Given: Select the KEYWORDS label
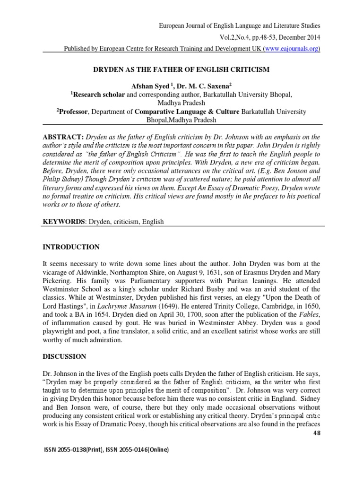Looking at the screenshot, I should point(62,221).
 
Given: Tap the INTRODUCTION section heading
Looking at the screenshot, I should point(71,247).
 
